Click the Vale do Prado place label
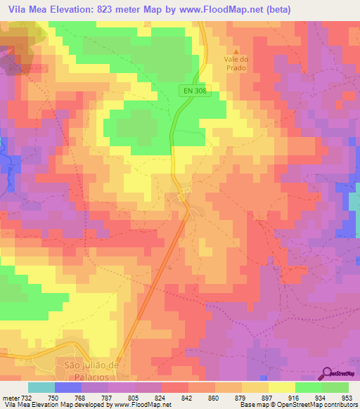(x=237, y=66)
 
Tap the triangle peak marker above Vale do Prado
(x=237, y=51)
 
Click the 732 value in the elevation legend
(x=27, y=398)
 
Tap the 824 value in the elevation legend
(x=161, y=398)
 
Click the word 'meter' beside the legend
(x=10, y=398)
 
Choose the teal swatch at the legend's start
(x=41, y=388)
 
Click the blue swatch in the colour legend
(x=67, y=388)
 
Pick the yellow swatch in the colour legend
(x=281, y=388)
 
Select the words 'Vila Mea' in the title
(x=27, y=9)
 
